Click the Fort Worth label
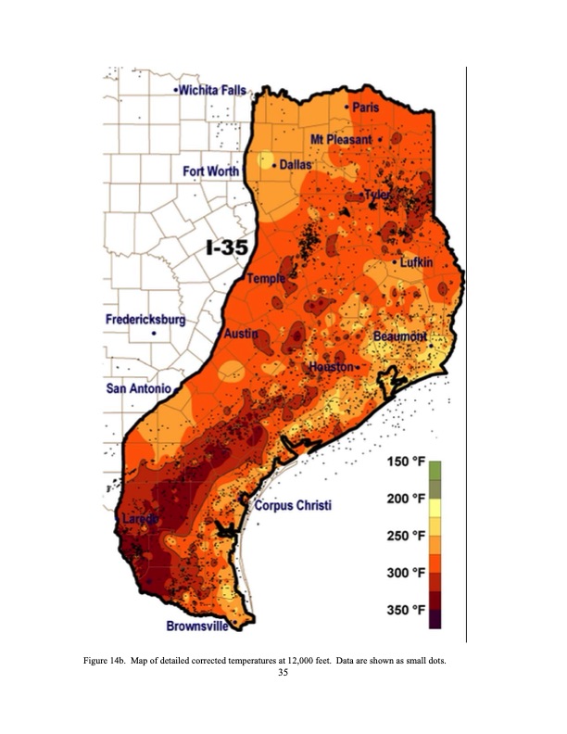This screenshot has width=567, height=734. click(x=210, y=171)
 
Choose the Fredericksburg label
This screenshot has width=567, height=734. click(x=145, y=320)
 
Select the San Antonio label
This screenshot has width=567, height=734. click(x=138, y=388)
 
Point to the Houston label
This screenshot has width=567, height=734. click(x=331, y=367)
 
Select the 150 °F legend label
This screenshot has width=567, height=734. click(x=405, y=462)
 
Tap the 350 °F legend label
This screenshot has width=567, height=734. click(x=405, y=610)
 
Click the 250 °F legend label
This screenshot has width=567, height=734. click(x=405, y=537)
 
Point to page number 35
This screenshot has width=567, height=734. click(x=283, y=673)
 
